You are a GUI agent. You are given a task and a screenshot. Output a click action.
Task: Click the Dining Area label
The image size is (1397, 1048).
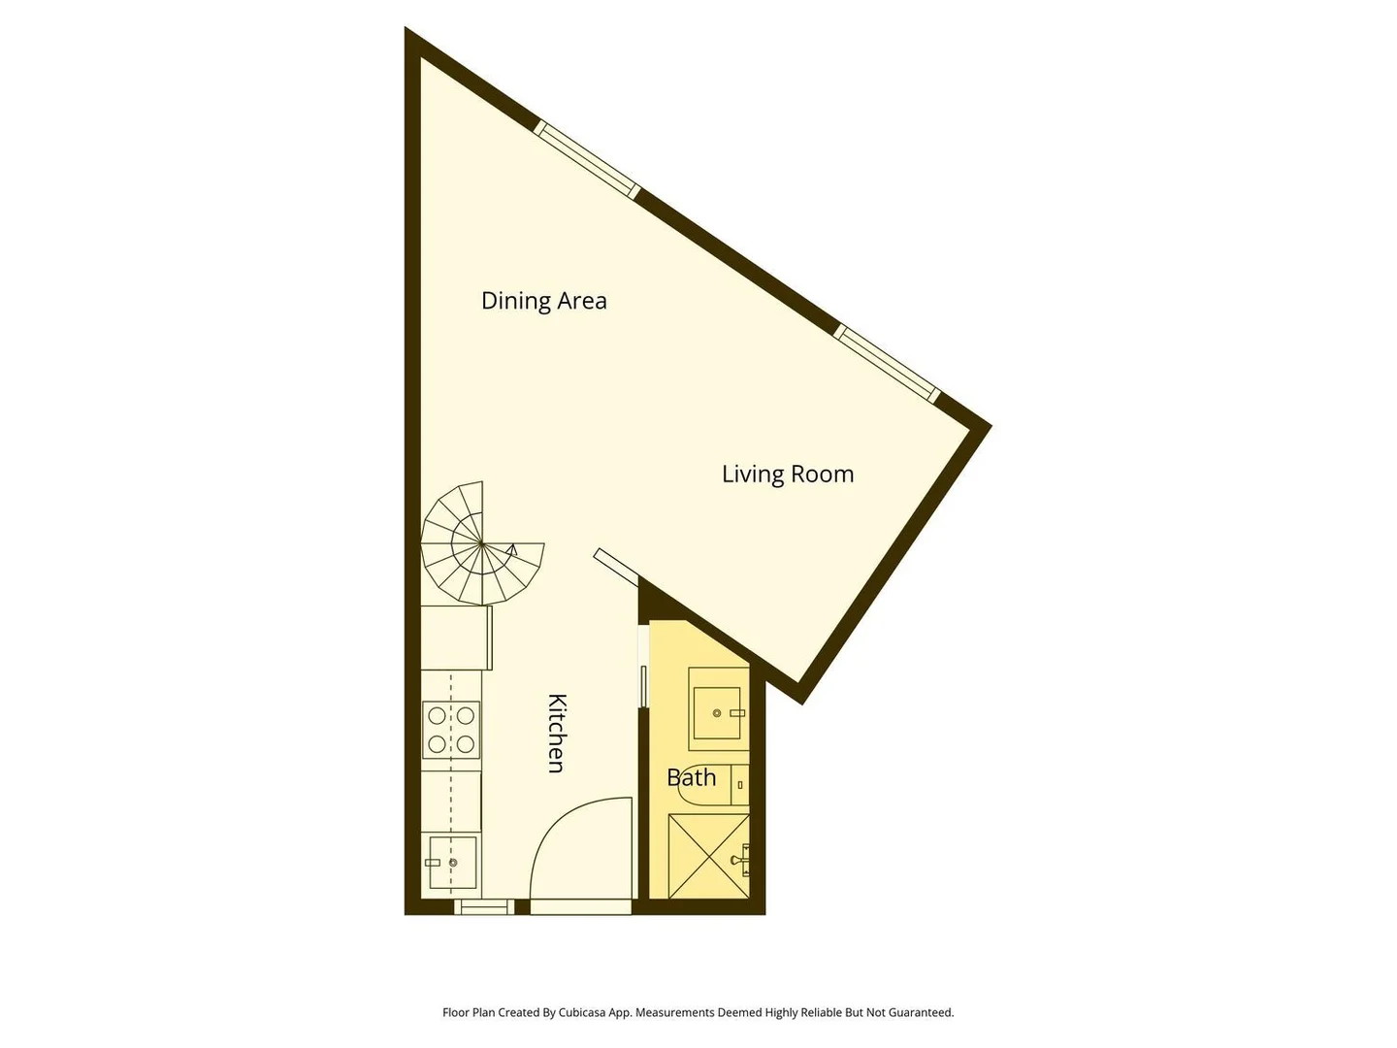coord(543,301)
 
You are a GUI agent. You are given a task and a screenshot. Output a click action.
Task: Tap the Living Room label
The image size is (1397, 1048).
coord(788,475)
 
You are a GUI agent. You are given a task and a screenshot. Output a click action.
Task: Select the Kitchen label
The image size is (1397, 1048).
coord(557,733)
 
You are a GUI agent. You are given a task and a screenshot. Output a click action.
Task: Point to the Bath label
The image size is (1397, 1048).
coord(691,777)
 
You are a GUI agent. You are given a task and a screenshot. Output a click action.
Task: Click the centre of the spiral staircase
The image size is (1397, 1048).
coord(482,543)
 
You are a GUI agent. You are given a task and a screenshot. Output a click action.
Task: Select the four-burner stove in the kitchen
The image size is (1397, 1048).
coord(450,729)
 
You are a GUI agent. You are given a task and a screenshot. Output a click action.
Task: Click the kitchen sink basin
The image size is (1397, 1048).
coord(452,863)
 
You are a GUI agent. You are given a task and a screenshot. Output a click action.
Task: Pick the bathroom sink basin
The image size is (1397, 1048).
coord(717,712)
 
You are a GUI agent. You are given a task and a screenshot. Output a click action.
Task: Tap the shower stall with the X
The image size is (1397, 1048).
coord(708,856)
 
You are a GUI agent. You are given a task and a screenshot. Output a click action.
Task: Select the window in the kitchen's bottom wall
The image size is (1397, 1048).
coord(484,906)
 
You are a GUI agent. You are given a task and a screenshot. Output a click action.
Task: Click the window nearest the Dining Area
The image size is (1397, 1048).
coord(586,159)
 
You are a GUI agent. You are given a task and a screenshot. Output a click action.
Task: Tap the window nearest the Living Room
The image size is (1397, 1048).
coord(888,363)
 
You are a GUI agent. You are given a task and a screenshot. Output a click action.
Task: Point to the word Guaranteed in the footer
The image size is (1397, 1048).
coord(923,1012)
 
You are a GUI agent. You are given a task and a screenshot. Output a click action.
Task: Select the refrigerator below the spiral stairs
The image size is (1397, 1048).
coord(456,638)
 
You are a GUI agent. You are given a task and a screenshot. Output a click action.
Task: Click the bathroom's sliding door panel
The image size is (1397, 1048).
coord(643,686)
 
